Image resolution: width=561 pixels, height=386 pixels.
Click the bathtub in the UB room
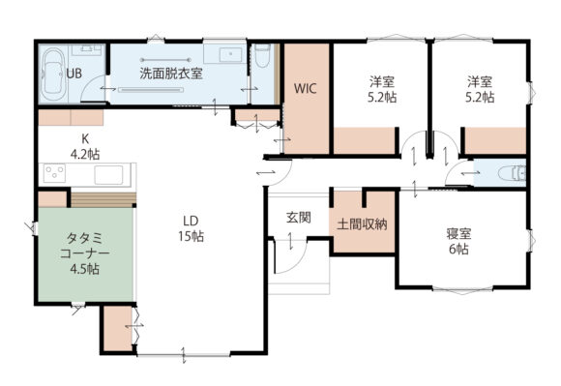[53, 74]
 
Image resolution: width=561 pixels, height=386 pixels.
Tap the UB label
[74, 74]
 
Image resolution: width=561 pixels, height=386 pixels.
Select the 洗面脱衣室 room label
[171, 74]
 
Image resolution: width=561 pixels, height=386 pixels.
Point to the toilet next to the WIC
[263, 55]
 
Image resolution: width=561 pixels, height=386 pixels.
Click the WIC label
[306, 88]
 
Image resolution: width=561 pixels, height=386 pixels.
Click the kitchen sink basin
[108, 175]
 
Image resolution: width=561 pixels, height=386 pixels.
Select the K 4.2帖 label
[85, 146]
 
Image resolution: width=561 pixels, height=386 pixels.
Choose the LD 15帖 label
[192, 228]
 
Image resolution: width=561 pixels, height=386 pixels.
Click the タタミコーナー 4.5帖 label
[85, 253]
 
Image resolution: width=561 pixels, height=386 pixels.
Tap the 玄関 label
[299, 218]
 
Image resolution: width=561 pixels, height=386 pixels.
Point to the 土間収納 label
[362, 224]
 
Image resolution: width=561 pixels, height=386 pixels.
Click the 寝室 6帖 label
[459, 241]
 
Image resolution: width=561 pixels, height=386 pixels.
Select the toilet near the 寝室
[512, 173]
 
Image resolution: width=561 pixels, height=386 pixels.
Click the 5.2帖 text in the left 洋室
[382, 98]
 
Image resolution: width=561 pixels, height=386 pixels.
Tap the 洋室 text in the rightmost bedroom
[480, 82]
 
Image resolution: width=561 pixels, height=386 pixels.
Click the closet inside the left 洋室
[365, 140]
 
